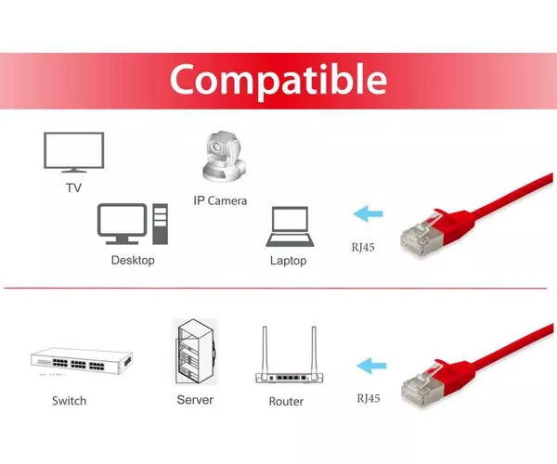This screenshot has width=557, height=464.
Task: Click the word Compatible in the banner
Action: pos(278,81)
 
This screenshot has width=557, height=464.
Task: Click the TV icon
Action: pos(74,152)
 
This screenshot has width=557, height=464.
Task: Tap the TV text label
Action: pos(74,187)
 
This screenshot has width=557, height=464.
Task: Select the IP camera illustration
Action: pos(224,157)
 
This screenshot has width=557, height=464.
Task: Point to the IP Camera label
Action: pos(220,200)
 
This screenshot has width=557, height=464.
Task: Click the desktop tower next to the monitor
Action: pos(161,224)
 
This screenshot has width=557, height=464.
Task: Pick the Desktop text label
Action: pos(133,260)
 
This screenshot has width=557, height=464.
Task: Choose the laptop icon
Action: pos(290,226)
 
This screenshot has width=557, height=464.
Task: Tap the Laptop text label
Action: pos(288,261)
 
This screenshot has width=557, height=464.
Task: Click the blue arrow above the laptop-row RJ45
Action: pos(368,213)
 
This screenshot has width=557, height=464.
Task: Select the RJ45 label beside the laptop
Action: pos(363,248)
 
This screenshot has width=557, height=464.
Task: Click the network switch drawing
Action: pos(82,361)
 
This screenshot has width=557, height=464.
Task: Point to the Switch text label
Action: pos(70,401)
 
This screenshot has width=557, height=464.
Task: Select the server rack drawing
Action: pos(196,352)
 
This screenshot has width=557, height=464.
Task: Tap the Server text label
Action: pos(195,400)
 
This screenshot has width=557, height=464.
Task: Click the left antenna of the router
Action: pos(265,350)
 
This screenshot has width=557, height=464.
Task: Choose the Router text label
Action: pos(286,402)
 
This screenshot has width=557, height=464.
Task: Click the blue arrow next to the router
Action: pos(371,366)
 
